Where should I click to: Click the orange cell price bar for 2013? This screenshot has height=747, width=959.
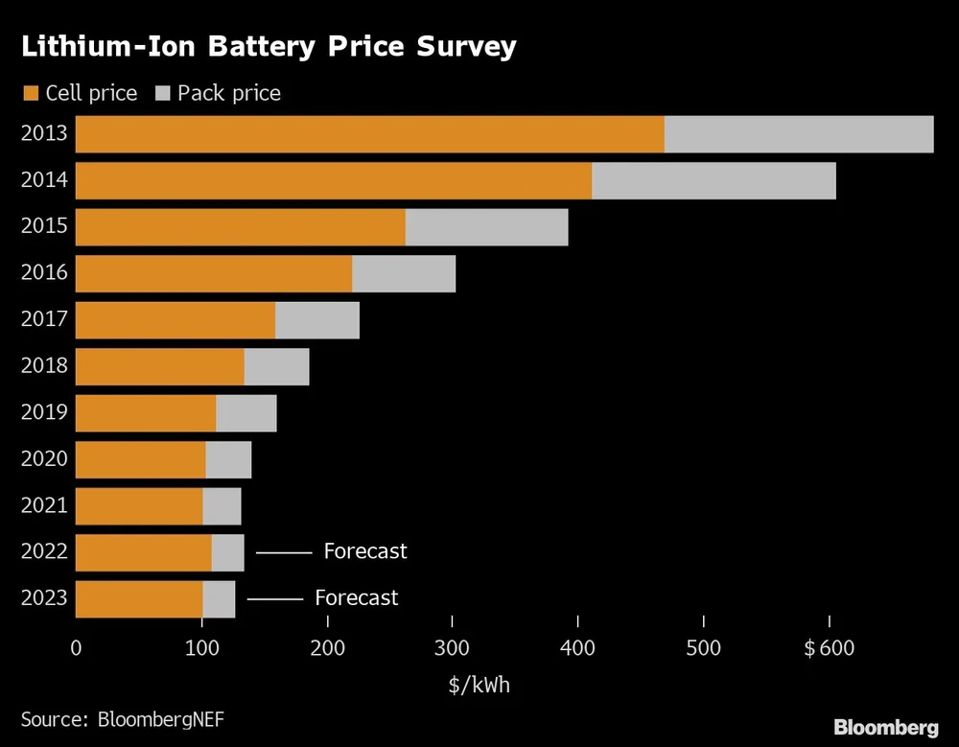tap(369, 134)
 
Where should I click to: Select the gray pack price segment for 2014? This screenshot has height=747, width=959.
tap(713, 181)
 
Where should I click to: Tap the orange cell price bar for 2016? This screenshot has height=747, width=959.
tap(214, 274)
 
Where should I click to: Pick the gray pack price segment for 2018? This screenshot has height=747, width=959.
tap(276, 367)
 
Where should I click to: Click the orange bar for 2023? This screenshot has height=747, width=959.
tap(139, 599)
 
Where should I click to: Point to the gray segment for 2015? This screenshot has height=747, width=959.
tap(486, 227)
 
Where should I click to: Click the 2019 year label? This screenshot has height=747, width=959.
tap(44, 412)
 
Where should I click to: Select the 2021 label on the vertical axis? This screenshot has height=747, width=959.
tap(44, 505)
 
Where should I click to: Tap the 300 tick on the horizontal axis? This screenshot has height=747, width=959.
tap(452, 648)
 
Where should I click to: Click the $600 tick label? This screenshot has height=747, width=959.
tap(829, 648)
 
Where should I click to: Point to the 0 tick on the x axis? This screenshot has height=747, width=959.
tap(76, 648)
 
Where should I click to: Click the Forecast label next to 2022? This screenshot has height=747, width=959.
tap(365, 551)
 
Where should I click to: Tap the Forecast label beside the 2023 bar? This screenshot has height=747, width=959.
tap(356, 598)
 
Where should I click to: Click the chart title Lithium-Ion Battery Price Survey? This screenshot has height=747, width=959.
tap(269, 46)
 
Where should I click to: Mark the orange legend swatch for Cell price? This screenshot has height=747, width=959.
tap(30, 93)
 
